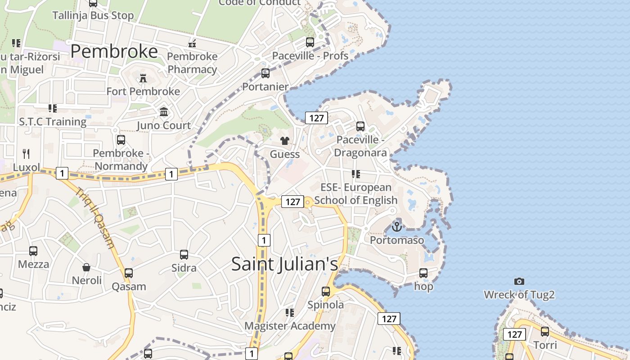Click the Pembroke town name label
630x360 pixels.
pyautogui.click(x=114, y=51)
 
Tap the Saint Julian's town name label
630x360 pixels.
pyautogui.click(x=284, y=264)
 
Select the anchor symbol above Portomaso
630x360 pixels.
pyautogui.click(x=396, y=226)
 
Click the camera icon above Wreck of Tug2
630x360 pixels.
pyautogui.click(x=519, y=281)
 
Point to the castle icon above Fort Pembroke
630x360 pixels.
pyautogui.click(x=143, y=78)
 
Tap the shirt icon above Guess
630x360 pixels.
pyautogui.click(x=284, y=141)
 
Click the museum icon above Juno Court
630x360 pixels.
pyautogui.click(x=164, y=112)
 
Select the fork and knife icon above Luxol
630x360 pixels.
pyautogui.click(x=26, y=153)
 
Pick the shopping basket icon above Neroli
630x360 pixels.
pyautogui.click(x=86, y=267)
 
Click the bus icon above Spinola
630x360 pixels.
pyautogui.click(x=326, y=292)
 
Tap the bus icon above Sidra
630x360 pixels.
pyautogui.click(x=184, y=255)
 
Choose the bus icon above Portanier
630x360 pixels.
pyautogui.click(x=265, y=73)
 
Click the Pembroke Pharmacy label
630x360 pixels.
pyautogui.click(x=192, y=63)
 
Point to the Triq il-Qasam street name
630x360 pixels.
pyautogui.click(x=95, y=218)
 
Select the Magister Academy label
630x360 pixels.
pyautogui.click(x=290, y=325)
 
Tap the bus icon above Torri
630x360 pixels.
pyautogui.click(x=545, y=332)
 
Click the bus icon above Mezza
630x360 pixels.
pyautogui.click(x=33, y=251)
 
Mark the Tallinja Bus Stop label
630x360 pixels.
pyautogui.click(x=93, y=15)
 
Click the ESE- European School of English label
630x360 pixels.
pyautogui.click(x=355, y=193)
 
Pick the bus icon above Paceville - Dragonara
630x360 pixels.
pyautogui.click(x=360, y=126)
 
